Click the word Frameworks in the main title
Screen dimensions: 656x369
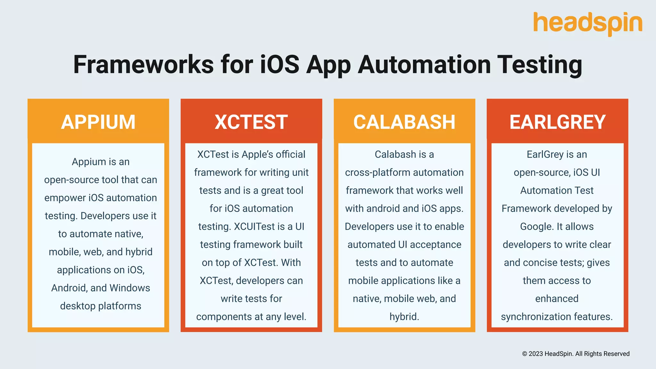coord(143,65)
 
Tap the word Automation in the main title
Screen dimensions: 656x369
coord(424,65)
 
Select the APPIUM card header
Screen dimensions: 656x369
coord(98,122)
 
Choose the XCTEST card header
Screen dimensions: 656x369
coord(251,122)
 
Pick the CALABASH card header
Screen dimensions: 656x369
coord(404,122)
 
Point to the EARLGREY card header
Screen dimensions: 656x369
coord(557,122)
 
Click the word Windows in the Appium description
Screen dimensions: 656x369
coord(130,288)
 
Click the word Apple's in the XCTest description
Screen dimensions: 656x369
coord(258,154)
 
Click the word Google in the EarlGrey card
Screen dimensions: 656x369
coord(537,227)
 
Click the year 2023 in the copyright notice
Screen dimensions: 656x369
coord(536,354)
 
